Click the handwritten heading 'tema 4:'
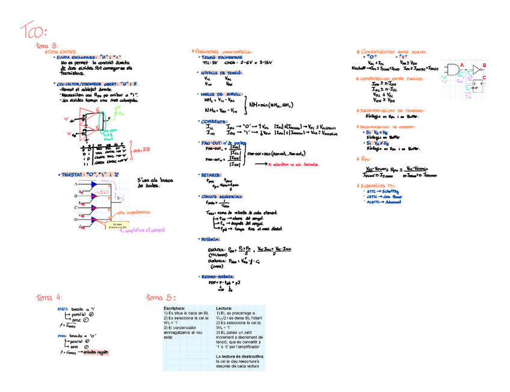click(49, 297)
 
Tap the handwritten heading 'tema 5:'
click(161, 297)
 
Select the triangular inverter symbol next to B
click(476, 70)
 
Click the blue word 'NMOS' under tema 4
click(63, 308)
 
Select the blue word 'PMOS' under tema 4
click(62, 335)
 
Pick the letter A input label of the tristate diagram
click(76, 183)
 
